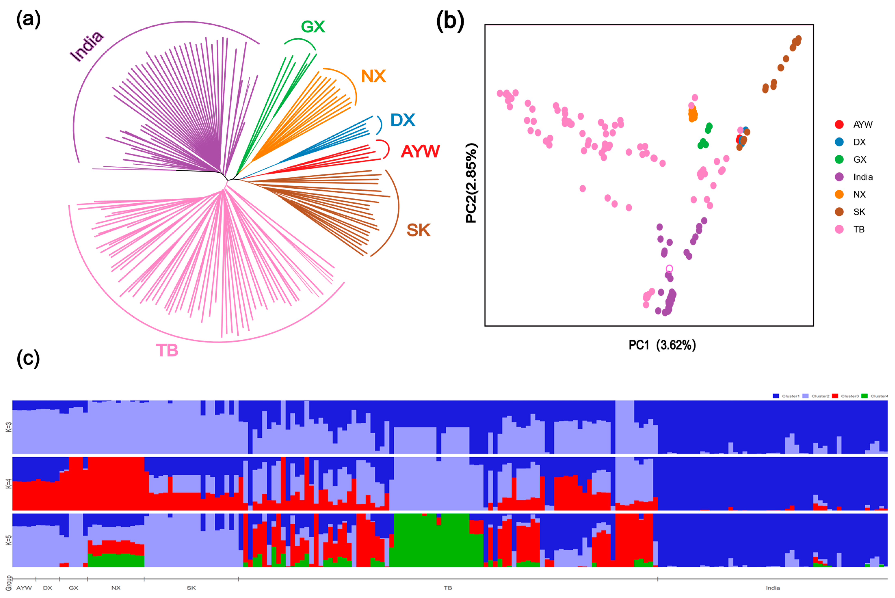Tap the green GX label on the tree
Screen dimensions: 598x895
click(x=313, y=27)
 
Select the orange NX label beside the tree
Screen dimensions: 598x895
click(x=373, y=76)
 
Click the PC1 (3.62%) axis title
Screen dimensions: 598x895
click(x=662, y=345)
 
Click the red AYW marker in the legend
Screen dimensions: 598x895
click(x=839, y=124)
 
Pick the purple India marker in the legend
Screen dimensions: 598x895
click(x=839, y=177)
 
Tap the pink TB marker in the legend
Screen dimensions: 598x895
click(x=839, y=229)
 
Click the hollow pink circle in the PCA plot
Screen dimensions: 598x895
click(x=669, y=269)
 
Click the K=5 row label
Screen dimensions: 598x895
click(x=8, y=540)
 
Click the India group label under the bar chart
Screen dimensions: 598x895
click(x=773, y=588)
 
